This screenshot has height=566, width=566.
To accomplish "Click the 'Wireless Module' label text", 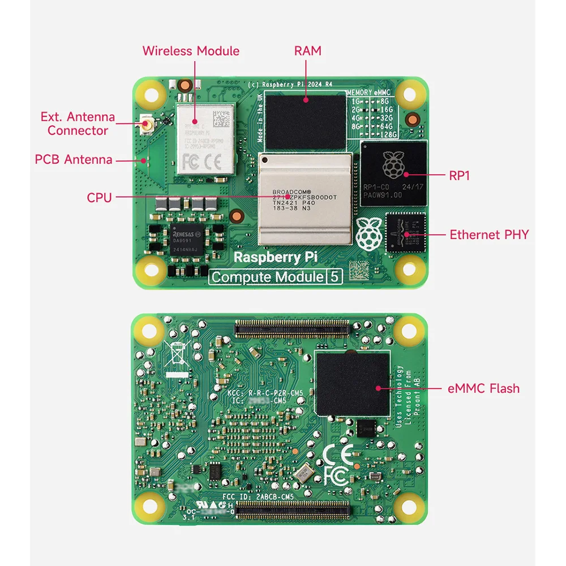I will [x=191, y=51].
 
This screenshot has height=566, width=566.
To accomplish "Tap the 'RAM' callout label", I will [x=307, y=51].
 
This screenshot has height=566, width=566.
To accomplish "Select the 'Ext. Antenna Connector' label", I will [x=78, y=124].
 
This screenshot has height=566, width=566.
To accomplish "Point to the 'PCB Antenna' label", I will [x=74, y=160].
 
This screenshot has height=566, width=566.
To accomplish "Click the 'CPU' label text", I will [x=99, y=198].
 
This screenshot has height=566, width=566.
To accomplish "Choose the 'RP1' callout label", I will [x=459, y=176].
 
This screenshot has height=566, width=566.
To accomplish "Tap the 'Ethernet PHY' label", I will [x=489, y=234].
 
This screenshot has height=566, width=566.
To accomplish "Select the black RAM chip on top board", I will [x=306, y=122].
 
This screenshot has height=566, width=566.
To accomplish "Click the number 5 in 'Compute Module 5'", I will [x=335, y=277].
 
